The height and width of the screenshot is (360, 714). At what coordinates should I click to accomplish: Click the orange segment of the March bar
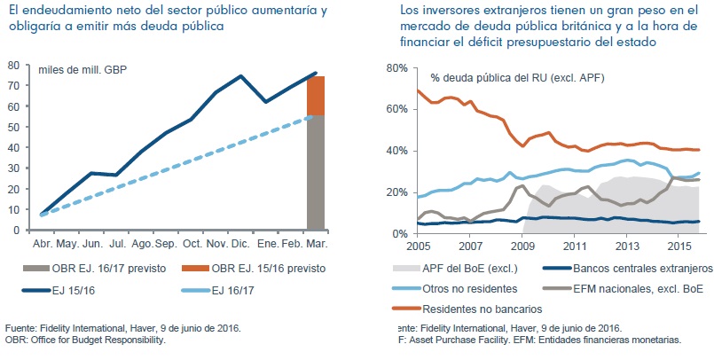(x=315, y=96)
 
